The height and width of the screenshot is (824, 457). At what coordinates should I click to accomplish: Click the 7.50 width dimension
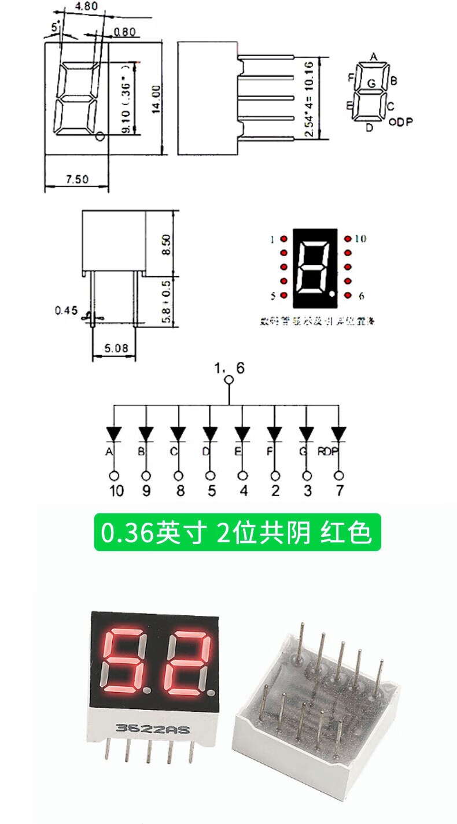point(77,179)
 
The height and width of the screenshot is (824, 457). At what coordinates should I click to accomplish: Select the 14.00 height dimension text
point(156,100)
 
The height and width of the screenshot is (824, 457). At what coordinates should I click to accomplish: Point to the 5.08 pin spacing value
point(114,349)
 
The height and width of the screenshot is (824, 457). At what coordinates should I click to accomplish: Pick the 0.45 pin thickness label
point(66,311)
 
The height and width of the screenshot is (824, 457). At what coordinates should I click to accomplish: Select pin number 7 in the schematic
point(339,491)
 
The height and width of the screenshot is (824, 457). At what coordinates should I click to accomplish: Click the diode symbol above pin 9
point(146,433)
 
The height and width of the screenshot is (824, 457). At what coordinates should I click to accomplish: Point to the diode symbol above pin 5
point(210,433)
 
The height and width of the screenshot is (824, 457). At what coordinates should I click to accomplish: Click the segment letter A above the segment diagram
point(374,57)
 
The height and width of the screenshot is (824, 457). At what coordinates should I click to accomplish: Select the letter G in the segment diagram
point(371,84)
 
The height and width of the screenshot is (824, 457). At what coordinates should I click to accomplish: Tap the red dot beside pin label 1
point(284,239)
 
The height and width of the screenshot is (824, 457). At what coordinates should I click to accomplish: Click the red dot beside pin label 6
point(348,295)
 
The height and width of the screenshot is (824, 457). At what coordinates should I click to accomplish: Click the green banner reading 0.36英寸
point(237,533)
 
